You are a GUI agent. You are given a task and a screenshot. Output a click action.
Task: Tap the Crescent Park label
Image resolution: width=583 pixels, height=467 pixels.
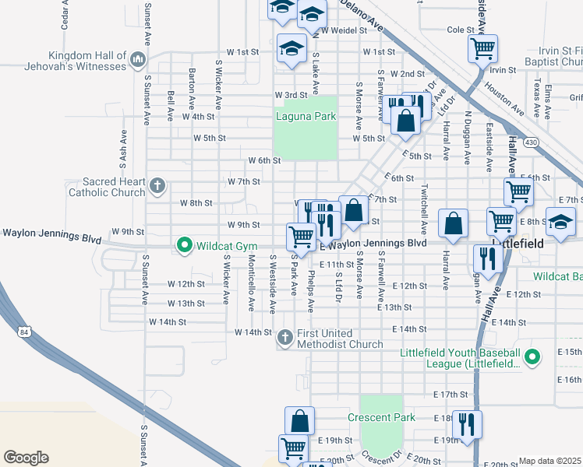click(x=381, y=418)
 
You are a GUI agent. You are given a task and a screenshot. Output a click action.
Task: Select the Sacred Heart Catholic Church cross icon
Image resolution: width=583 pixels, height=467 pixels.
click(x=157, y=186)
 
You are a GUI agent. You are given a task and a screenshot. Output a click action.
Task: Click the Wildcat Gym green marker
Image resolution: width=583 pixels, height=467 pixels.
click(x=185, y=246)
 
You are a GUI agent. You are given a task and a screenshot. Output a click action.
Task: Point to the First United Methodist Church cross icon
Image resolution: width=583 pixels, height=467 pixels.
click(x=285, y=337)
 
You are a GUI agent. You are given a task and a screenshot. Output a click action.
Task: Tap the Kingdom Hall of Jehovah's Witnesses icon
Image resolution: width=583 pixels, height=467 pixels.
click(x=138, y=59)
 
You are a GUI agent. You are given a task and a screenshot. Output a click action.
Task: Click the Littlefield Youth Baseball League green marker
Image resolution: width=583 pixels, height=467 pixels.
click(x=532, y=357)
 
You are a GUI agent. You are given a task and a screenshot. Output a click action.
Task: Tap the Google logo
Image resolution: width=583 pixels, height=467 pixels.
click(x=26, y=457)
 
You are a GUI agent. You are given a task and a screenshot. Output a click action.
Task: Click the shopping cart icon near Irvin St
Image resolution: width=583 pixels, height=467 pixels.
click(x=482, y=49)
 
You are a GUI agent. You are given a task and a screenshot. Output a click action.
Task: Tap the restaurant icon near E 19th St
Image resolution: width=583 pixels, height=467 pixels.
click(x=467, y=424)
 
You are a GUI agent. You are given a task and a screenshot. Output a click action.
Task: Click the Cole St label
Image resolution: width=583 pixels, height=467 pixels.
click(x=461, y=30)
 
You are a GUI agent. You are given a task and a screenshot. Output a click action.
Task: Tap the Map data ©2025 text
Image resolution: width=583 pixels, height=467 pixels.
click(x=550, y=461)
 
